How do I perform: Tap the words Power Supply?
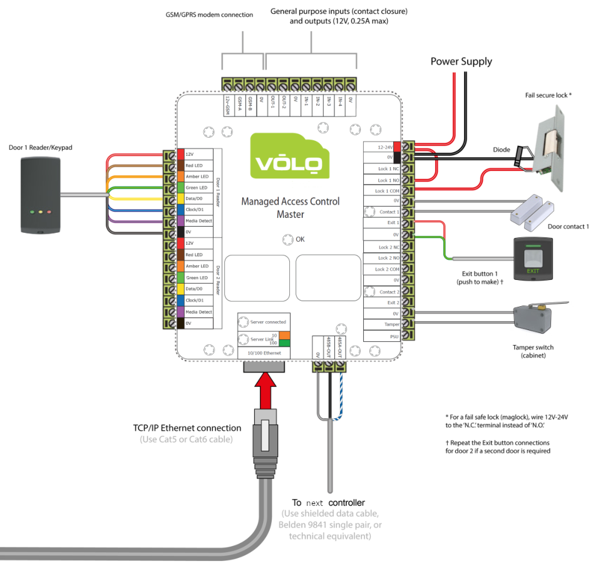click(x=461, y=61)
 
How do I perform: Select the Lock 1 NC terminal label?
click(x=388, y=169)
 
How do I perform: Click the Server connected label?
click(x=267, y=322)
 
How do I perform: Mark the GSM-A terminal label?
click(x=238, y=104)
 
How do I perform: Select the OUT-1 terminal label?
click(x=272, y=103)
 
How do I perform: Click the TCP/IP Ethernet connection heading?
click(x=187, y=428)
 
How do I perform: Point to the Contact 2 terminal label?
click(x=388, y=292)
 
